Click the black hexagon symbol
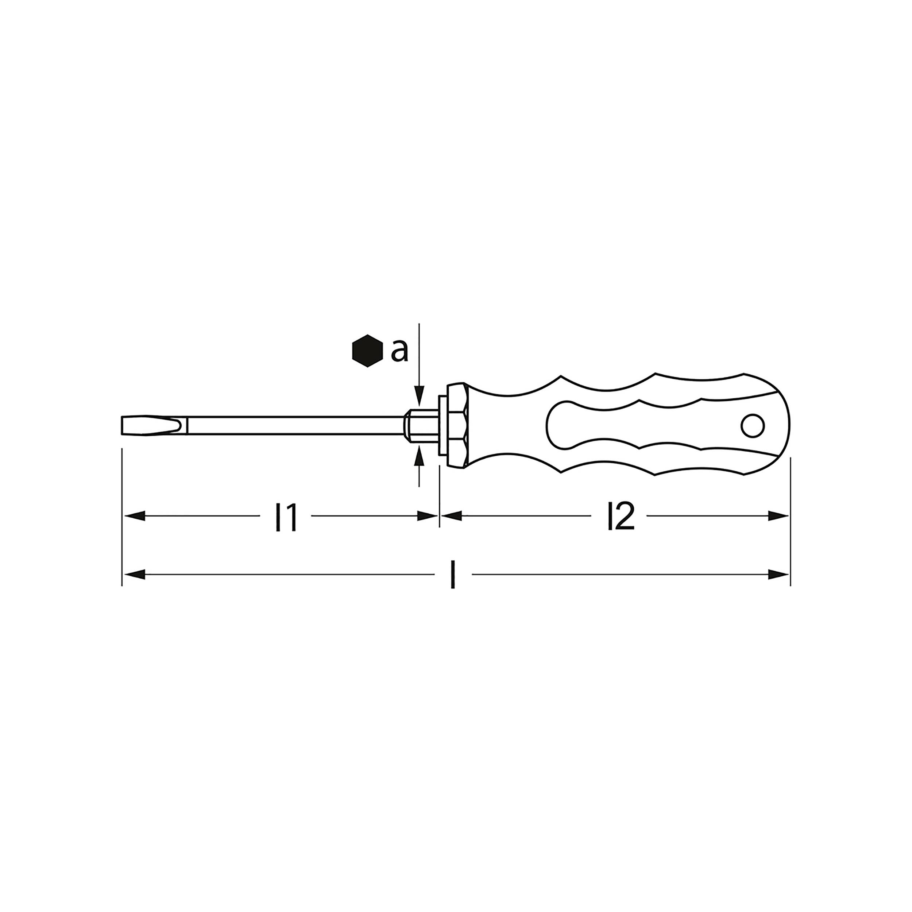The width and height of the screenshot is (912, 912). tap(367, 351)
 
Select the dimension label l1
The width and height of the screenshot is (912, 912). tap(286, 517)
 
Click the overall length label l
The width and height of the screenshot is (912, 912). tap(453, 575)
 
